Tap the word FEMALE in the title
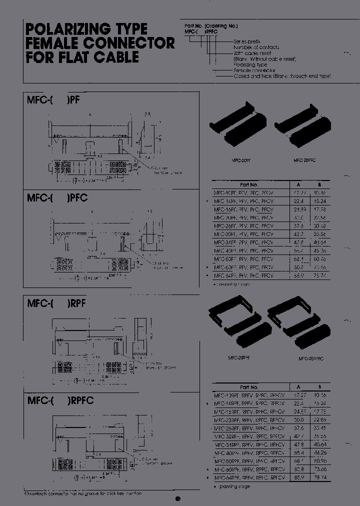click(x=51, y=43)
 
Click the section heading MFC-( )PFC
click(x=57, y=198)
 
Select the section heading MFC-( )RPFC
click(x=60, y=401)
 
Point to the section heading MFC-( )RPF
click(x=56, y=303)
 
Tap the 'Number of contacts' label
click(x=254, y=46)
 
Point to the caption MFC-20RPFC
click(x=311, y=358)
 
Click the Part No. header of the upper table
click(x=248, y=184)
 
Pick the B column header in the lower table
click(x=320, y=387)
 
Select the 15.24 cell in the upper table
click(x=320, y=200)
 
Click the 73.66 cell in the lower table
click(x=320, y=469)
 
